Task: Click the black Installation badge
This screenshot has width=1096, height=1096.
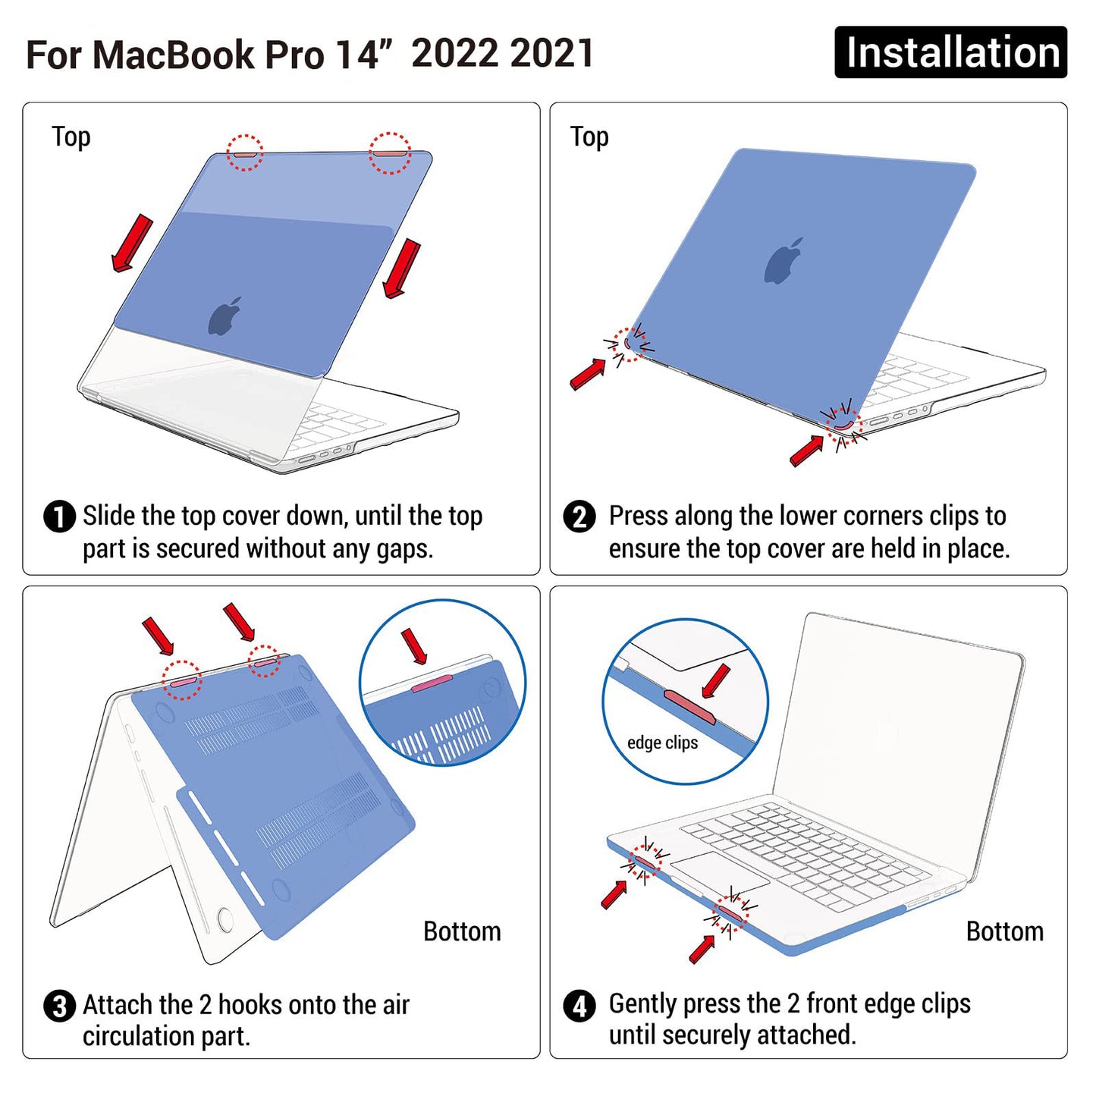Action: [950, 52]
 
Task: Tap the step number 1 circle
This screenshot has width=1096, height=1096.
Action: [60, 517]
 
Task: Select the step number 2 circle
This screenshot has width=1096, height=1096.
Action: [579, 517]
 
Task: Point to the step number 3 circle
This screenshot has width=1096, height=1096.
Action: [60, 1007]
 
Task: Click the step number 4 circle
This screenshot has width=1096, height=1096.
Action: [579, 1007]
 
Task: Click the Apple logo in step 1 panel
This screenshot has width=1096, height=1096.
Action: [225, 316]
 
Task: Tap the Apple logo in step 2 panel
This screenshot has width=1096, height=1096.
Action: [784, 262]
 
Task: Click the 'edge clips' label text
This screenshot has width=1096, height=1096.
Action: [662, 743]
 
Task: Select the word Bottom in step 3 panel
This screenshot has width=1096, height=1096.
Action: [462, 931]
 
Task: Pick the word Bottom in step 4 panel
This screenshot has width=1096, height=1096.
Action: [1004, 931]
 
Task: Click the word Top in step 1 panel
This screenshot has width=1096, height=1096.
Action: [71, 137]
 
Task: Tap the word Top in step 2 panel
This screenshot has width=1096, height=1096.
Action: [589, 137]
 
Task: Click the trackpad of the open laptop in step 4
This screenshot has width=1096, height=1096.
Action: [719, 872]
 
